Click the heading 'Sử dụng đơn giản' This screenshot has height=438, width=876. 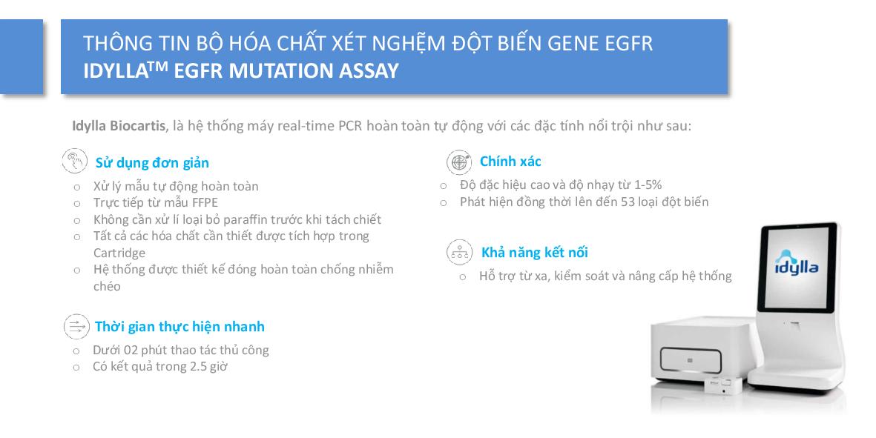coord(152,163)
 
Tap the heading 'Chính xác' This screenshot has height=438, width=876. coord(510,162)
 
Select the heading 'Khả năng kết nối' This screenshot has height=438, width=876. coord(535,252)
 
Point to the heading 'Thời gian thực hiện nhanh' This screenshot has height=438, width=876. coord(180,326)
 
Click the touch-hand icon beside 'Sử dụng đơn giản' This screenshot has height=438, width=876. coord(75,162)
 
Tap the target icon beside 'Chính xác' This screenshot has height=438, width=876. coord(459,162)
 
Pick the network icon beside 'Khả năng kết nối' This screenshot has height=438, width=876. coord(460,252)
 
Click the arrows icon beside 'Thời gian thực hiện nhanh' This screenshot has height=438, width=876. coord(76,326)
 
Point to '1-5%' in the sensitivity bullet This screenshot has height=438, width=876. coord(648,185)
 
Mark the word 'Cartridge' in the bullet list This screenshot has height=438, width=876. coord(119,253)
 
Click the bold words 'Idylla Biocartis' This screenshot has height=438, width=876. coord(119,125)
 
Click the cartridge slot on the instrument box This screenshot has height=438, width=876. coord(691,360)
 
